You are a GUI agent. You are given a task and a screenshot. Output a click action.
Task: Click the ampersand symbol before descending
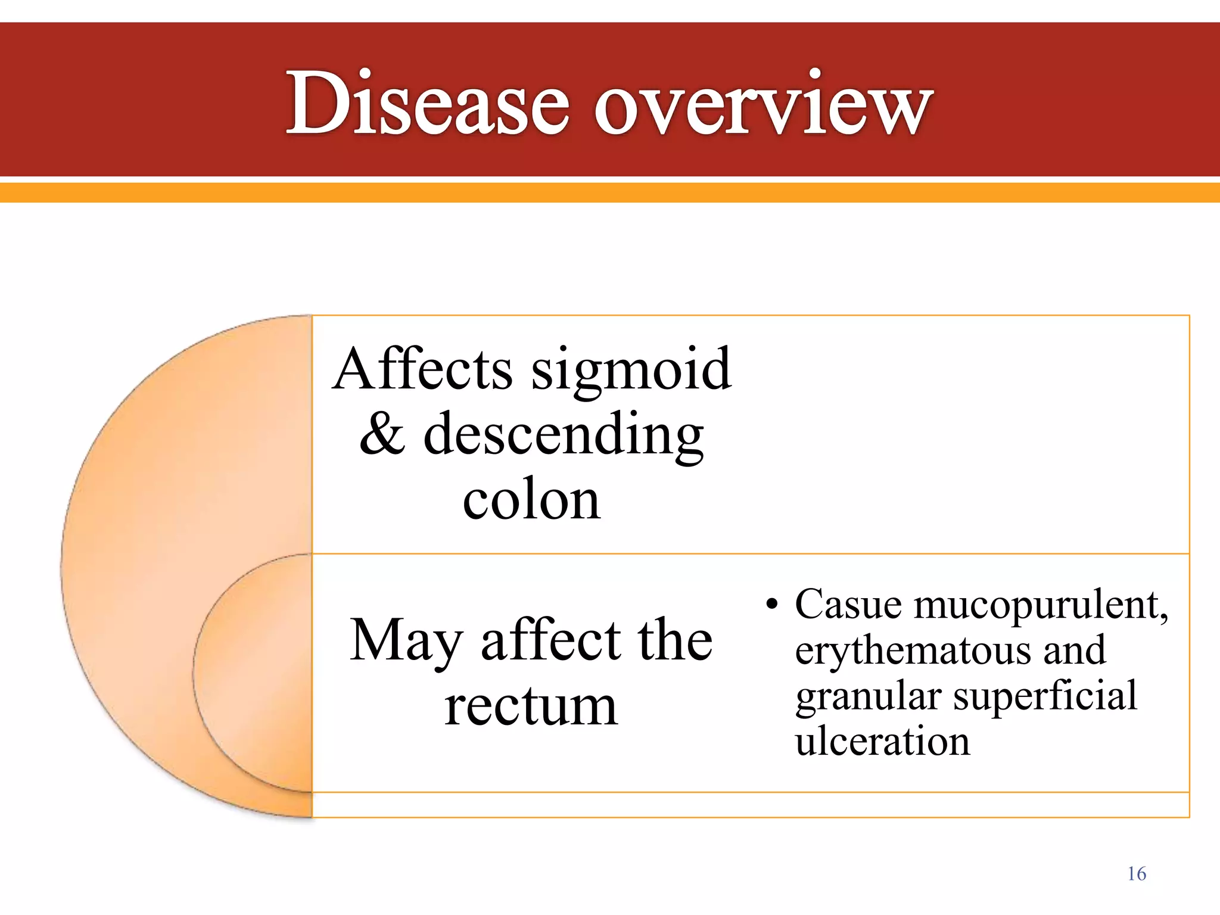[x=382, y=434]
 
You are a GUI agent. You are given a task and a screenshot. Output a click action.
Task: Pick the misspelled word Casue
[x=848, y=604]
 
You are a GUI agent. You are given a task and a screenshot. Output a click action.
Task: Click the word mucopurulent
[x=1040, y=605]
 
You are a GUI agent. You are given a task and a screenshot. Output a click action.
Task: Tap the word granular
[x=870, y=697]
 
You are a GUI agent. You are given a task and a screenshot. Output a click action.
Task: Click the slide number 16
[x=1137, y=874]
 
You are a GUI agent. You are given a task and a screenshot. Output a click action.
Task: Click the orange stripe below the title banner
[x=610, y=192]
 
